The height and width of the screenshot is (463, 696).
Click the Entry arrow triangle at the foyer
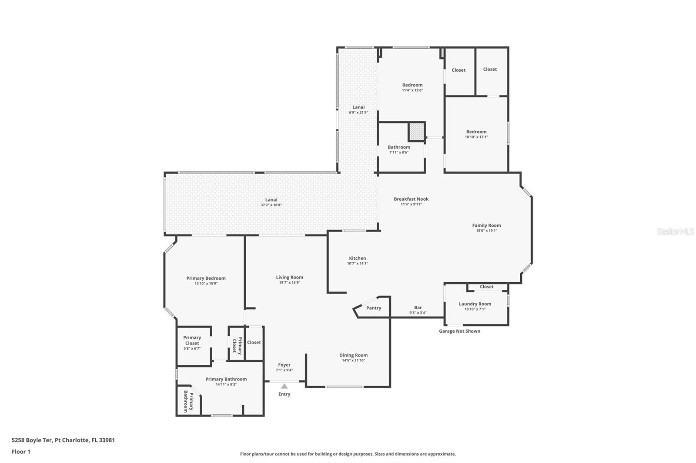tap(284, 386)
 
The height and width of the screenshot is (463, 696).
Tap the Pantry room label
tap(374, 308)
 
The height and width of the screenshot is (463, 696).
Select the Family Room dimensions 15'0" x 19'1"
tap(486, 231)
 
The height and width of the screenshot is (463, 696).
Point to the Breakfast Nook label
tap(411, 199)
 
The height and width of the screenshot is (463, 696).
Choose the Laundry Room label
tap(475, 304)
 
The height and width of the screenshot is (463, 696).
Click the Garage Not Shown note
tap(459, 331)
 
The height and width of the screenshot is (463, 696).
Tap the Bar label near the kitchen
tap(418, 308)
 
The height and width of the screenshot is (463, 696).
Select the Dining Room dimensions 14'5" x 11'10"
tap(353, 360)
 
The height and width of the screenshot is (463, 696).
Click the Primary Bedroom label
tap(206, 278)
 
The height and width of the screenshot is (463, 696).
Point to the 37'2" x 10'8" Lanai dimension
tap(271, 205)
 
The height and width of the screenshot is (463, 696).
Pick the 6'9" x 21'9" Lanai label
tap(358, 107)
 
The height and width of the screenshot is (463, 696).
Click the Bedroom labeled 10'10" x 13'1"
tap(476, 132)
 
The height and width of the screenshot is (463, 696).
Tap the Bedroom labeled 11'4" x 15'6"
tap(412, 85)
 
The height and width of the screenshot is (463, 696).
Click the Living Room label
tap(289, 277)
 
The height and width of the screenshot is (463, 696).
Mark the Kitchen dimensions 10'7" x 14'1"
tap(357, 263)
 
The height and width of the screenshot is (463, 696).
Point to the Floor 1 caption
tap(21, 452)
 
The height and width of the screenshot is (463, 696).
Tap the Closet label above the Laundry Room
tap(486, 287)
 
